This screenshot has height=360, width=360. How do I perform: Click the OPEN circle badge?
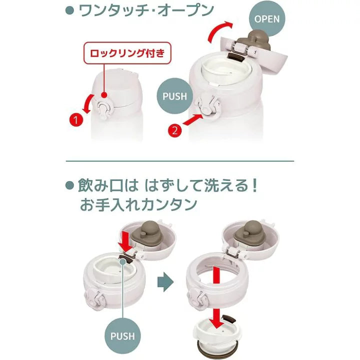pyautogui.click(x=267, y=19)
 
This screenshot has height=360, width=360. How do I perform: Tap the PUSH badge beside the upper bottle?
pyautogui.click(x=174, y=96)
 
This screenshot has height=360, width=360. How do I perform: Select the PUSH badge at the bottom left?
pyautogui.click(x=122, y=336)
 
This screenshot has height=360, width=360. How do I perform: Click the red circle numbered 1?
pyautogui.click(x=76, y=120)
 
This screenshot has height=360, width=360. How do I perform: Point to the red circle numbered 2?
pyautogui.click(x=174, y=130)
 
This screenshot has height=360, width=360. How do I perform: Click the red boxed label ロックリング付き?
pyautogui.click(x=127, y=53)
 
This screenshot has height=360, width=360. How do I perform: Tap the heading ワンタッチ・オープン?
pyautogui.click(x=146, y=10)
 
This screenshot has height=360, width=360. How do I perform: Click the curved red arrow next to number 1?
pyautogui.click(x=88, y=104)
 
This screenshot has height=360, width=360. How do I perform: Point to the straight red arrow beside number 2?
pyautogui.click(x=193, y=120)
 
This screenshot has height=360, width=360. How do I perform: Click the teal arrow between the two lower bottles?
pyautogui.click(x=165, y=281)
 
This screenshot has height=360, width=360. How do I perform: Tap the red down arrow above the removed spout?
pyautogui.click(x=216, y=318)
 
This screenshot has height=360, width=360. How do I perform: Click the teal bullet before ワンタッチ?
pyautogui.click(x=69, y=11)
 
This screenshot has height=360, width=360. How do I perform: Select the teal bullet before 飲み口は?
pyautogui.click(x=69, y=185)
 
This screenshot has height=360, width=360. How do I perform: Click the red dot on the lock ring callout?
pyautogui.click(x=104, y=95)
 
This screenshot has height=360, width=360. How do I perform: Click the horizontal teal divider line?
pyautogui.click(x=180, y=161)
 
